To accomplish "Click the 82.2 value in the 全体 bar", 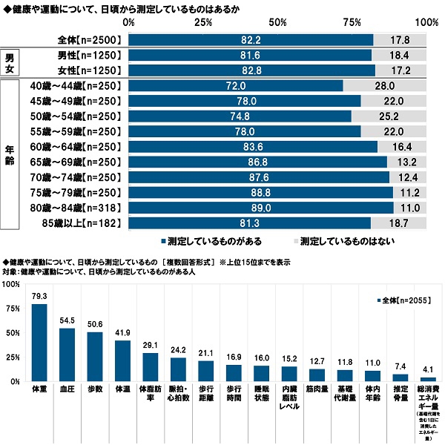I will point(251,39).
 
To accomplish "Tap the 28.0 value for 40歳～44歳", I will point(384,86).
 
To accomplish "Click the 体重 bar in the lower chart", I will point(39,342).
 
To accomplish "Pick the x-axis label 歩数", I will point(95,389).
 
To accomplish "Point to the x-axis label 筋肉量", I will point(317,389).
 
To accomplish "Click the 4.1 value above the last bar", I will point(428,369).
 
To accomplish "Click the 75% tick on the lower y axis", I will point(11,309).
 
